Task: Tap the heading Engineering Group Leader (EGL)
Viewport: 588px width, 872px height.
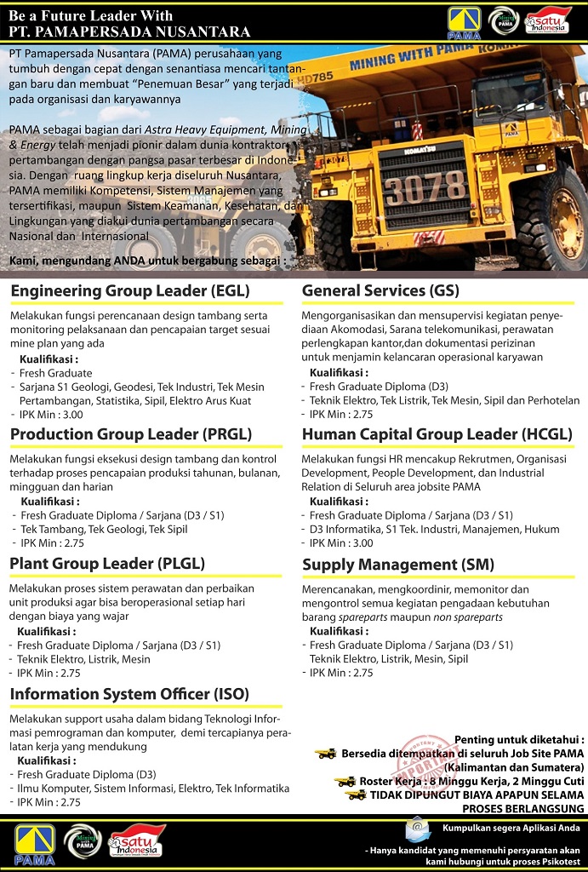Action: [122, 291]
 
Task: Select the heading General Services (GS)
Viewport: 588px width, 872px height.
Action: [380, 291]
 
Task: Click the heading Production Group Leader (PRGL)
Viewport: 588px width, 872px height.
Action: [131, 434]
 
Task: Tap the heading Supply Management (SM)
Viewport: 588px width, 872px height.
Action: [398, 565]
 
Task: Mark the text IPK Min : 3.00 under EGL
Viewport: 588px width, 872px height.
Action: [52, 415]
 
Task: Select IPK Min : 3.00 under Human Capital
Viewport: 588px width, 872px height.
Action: [341, 543]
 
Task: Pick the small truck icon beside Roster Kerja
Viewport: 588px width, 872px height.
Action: [345, 782]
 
